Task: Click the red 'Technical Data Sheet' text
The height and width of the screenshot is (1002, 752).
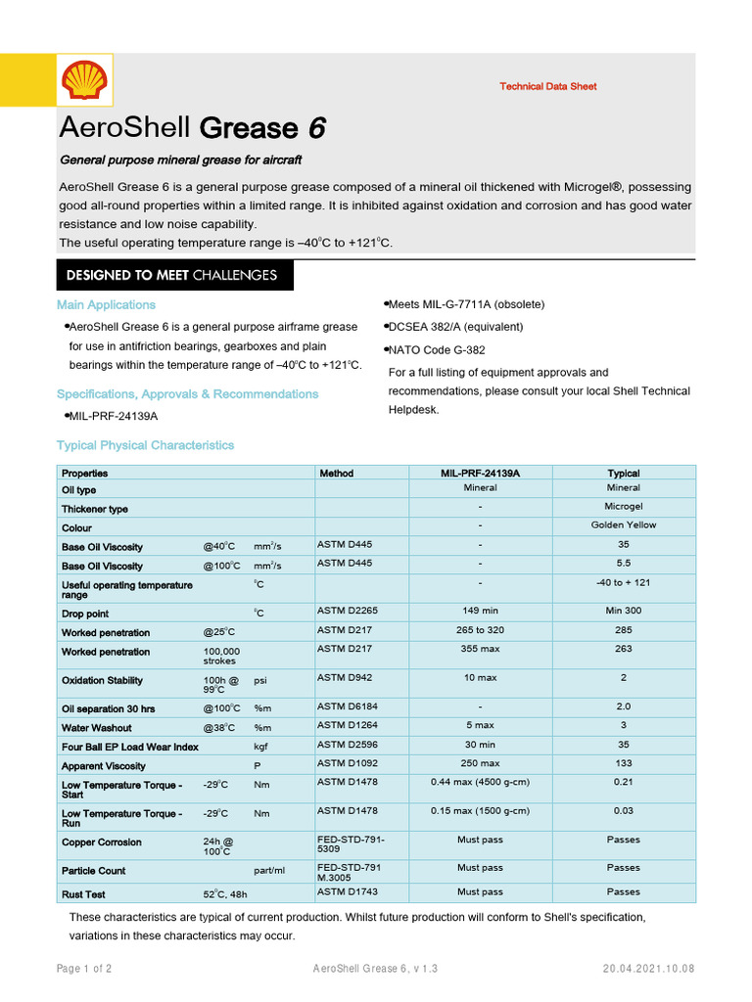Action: coord(547,86)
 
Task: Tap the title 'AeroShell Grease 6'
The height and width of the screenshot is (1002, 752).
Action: coord(192,128)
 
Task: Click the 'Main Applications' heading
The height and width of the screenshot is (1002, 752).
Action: coord(106,304)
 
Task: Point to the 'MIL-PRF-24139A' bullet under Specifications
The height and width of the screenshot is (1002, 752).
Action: coord(112,416)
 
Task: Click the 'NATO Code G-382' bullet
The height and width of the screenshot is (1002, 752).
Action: coord(436,349)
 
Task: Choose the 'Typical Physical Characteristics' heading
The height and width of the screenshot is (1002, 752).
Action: coord(145,445)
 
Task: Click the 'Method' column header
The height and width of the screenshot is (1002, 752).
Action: coord(336,473)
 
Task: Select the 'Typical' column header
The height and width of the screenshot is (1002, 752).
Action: coord(623,473)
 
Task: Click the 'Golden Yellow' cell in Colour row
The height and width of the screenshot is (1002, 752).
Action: coord(623,525)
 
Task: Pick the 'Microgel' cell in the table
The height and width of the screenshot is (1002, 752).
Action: coord(623,506)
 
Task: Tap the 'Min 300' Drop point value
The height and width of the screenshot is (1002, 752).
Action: coord(623,611)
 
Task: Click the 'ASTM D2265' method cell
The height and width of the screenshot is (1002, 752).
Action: coord(348,611)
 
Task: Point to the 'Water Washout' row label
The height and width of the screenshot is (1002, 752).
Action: coord(96,728)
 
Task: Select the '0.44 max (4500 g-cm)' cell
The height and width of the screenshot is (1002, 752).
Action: coord(480,783)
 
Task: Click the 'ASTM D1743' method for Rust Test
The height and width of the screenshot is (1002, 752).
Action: coord(348,891)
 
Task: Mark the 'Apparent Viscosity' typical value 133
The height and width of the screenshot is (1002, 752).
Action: coord(623,763)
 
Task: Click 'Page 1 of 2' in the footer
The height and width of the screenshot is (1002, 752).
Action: coord(84,969)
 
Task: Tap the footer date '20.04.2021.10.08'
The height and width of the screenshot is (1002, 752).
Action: coord(648,969)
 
